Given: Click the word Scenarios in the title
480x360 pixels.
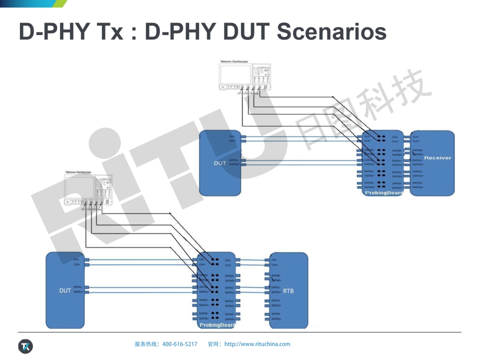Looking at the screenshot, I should (331, 31).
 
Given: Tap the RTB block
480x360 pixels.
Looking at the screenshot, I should (288, 290).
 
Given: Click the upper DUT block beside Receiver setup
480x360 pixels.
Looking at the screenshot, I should (220, 163).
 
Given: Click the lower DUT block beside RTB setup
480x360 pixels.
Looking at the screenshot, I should (65, 290).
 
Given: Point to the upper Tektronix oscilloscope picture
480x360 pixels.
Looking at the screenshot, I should (245, 77).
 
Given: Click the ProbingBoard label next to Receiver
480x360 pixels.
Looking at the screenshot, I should (383, 192).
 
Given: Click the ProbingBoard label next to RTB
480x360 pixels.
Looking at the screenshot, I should (217, 325).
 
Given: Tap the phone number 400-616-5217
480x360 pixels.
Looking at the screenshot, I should (180, 344).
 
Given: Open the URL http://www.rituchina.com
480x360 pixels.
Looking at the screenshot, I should (257, 344).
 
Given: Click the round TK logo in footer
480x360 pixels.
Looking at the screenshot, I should (25, 346).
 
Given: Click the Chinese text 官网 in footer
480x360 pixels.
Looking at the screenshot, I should (214, 344).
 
